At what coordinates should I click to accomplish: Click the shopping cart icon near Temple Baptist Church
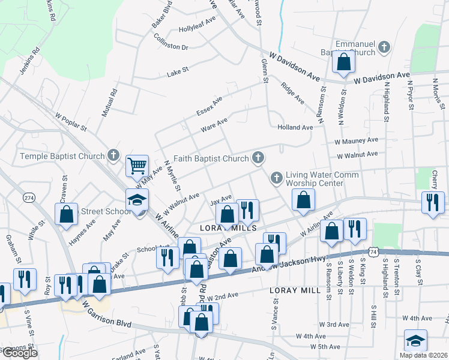(x=137, y=165)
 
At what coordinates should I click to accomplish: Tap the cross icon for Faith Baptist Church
(x=258, y=158)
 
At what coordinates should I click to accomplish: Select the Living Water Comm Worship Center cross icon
(x=276, y=178)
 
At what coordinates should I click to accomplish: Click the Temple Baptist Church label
(x=62, y=157)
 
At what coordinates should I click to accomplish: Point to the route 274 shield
(x=29, y=197)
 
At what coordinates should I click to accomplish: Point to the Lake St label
(x=178, y=70)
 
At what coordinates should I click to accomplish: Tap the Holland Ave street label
(x=295, y=127)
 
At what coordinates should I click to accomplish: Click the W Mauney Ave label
(x=357, y=140)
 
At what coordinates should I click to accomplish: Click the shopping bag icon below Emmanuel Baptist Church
(x=343, y=62)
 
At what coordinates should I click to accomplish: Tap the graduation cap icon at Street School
(x=137, y=200)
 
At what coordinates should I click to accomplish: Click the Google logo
(x=19, y=353)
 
